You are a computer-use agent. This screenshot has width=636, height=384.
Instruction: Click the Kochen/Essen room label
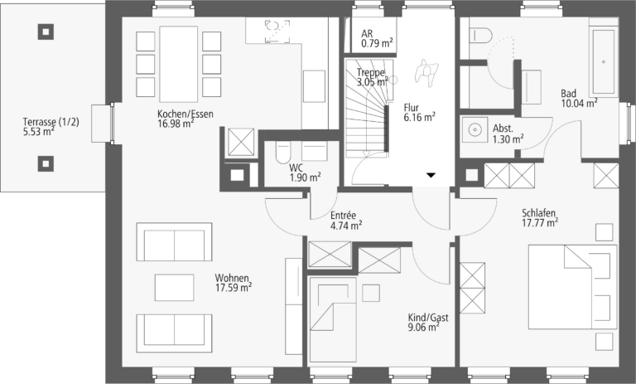185,114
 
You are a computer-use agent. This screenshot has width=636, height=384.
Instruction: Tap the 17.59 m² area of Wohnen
234,288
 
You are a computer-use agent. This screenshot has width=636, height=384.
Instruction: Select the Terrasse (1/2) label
51,122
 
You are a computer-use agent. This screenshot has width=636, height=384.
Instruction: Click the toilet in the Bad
480,35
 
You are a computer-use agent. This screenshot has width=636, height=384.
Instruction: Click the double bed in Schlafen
572,287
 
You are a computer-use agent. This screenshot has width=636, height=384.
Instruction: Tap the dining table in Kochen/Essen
179,64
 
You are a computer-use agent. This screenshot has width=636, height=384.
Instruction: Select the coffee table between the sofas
175,287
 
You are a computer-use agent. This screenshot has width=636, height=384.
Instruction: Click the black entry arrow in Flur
431,175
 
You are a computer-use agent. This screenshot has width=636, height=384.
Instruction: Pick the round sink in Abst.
475,129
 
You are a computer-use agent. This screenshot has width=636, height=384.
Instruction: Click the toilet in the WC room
282,153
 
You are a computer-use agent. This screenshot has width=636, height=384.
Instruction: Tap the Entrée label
343,216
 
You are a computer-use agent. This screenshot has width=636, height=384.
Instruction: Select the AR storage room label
367,34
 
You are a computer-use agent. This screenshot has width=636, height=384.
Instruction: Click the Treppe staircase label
371,72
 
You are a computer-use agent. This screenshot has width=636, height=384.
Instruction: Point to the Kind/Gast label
428,318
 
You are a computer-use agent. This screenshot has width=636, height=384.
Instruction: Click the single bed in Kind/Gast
333,319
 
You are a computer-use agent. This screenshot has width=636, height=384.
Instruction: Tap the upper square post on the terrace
46,32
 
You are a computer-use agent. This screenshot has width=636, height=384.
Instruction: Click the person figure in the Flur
426,72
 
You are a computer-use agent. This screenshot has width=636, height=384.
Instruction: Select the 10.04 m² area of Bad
579,103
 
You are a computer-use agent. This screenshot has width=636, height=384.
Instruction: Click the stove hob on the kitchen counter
277,31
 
